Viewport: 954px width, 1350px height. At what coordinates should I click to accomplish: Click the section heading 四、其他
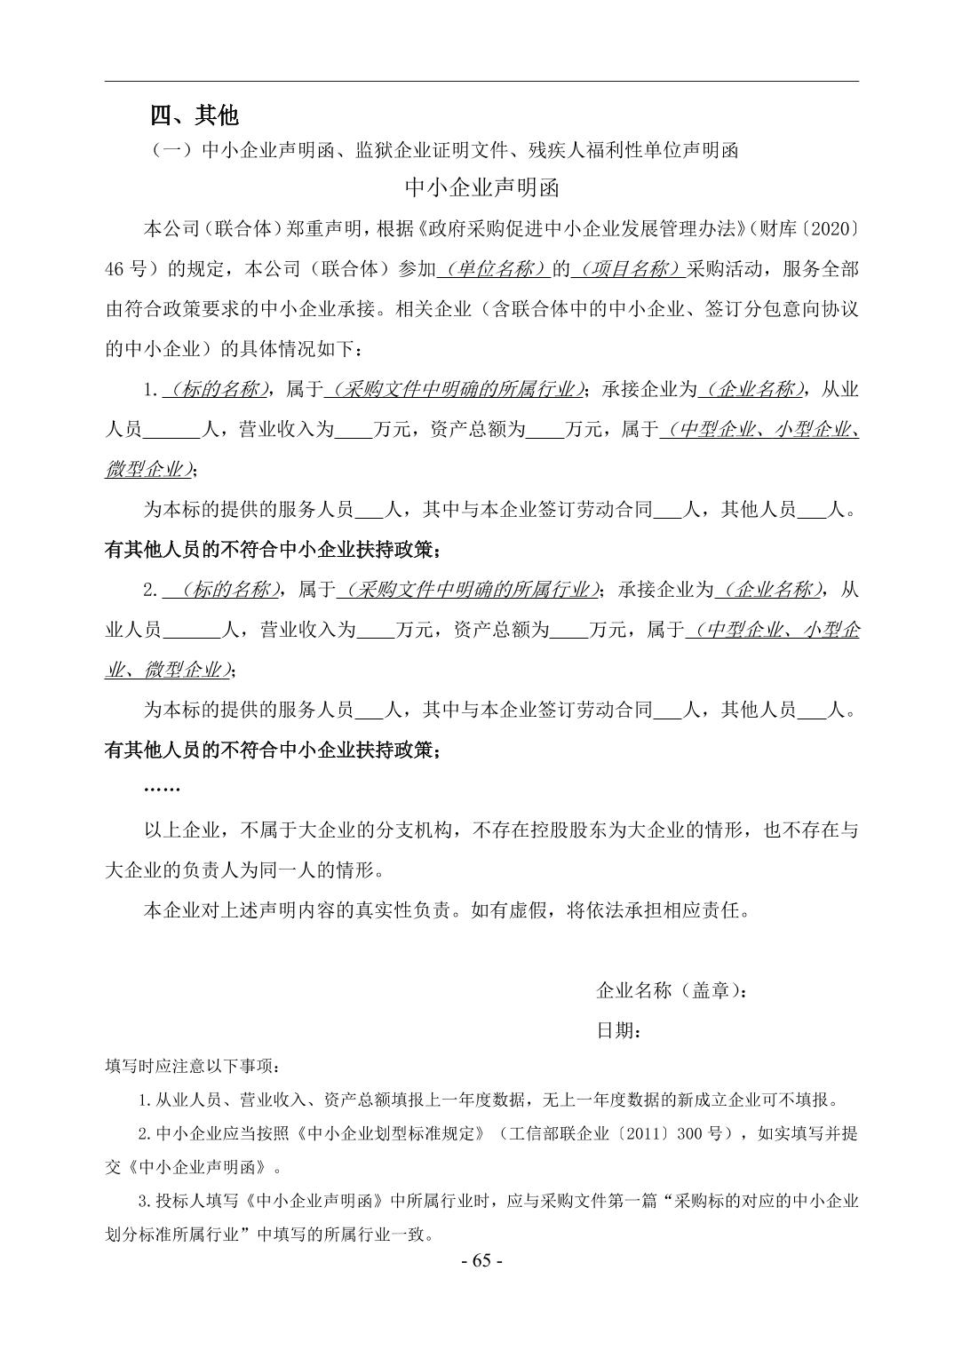coord(194,115)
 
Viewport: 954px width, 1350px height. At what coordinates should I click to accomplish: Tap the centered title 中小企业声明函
coord(481,188)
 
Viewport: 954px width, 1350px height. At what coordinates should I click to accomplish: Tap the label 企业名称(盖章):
coord(672,989)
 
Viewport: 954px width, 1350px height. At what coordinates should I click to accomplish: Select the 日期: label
coord(619,1030)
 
